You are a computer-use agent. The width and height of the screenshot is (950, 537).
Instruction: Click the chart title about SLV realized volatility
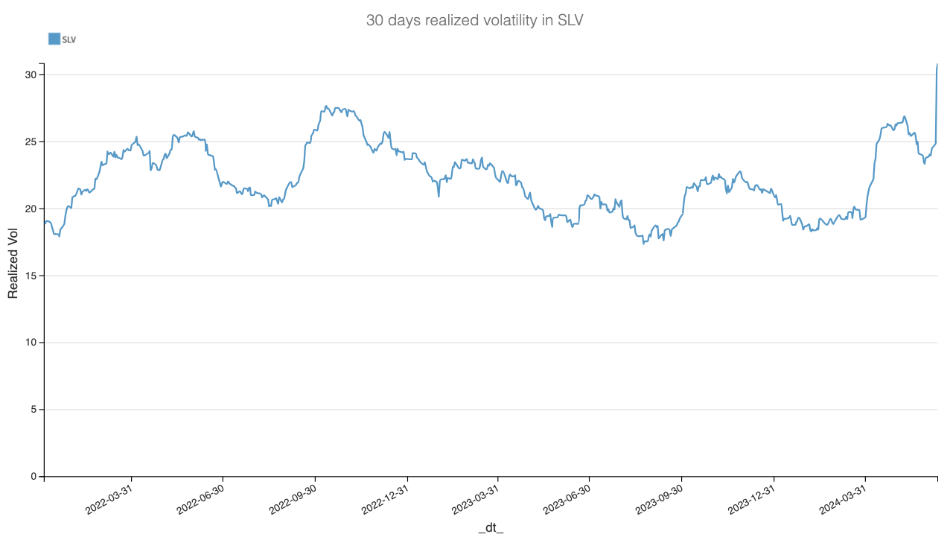tap(474, 21)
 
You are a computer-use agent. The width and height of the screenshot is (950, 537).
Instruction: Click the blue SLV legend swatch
tap(54, 39)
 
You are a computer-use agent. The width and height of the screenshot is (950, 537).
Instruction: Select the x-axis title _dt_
tap(490, 527)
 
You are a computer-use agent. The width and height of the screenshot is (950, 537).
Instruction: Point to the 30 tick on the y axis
tap(30, 75)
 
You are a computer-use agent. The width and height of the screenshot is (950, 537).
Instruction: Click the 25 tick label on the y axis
tap(30, 142)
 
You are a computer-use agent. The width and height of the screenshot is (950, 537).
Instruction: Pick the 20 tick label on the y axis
tap(30, 209)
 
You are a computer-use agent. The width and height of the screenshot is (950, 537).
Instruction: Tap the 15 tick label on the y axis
tap(30, 276)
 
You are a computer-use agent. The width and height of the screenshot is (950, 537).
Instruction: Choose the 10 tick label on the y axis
tap(30, 343)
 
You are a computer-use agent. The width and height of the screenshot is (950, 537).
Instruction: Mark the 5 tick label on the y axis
tap(33, 410)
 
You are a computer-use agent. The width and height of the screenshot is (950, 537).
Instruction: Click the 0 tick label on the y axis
tap(33, 477)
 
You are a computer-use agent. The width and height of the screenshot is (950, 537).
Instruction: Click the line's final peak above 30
tap(937, 65)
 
